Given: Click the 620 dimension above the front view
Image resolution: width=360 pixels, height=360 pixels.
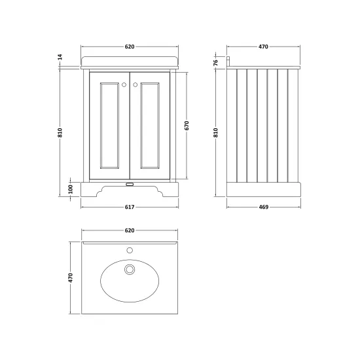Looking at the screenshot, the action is [130, 46].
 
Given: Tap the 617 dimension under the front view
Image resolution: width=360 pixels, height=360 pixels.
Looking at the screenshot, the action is [130, 207].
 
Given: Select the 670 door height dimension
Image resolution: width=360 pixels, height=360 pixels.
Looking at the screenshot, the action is [187, 126].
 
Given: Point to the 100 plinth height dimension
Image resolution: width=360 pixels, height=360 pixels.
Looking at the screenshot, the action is [71, 189].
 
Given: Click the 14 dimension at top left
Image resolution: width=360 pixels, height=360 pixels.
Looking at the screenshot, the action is [60, 57].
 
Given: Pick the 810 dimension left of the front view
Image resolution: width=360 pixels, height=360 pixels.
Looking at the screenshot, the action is [60, 133].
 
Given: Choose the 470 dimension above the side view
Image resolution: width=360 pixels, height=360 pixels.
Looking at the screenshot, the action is [263, 46].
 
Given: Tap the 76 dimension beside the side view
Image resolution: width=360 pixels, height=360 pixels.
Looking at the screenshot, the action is [215, 62].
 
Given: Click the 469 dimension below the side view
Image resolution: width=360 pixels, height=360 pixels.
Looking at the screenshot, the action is [264, 207].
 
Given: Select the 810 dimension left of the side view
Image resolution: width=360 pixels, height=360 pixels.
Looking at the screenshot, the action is [215, 133].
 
